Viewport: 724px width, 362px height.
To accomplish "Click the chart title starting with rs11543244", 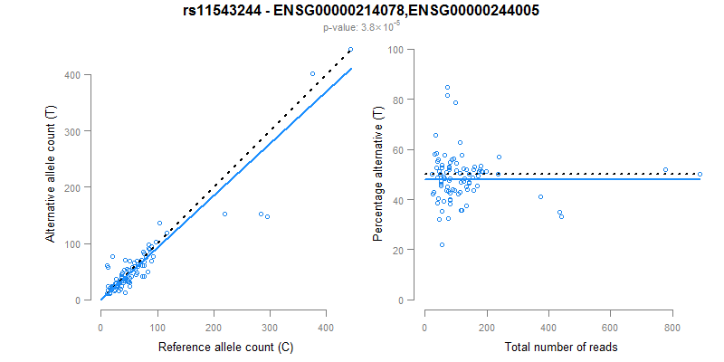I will pos(362,11).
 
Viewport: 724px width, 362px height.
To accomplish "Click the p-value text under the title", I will pos(362,27).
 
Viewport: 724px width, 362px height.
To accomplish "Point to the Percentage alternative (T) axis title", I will pos(378,176).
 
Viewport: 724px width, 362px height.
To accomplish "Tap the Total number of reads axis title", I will pos(562,347).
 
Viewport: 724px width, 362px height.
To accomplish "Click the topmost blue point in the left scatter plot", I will pos(350,50).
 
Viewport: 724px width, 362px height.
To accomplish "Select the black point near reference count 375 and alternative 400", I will pos(312,74).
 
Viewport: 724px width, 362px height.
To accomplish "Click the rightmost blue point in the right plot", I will pos(700,174).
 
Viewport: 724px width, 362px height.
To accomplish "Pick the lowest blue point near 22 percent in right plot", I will pos(442,244).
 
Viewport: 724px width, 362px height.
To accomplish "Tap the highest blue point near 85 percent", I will pos(447,87).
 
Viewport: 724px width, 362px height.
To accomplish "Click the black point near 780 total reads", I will pos(665,170).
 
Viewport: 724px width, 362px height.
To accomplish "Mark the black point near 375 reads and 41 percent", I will pos(540,196).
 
